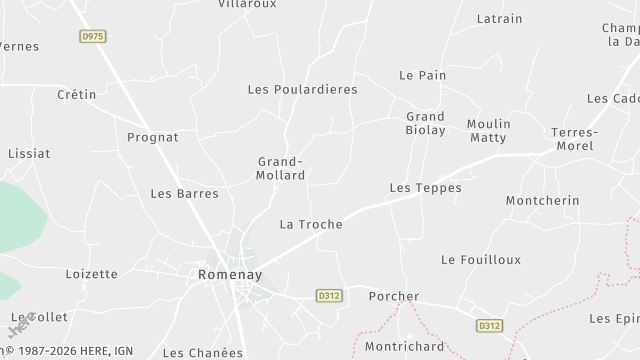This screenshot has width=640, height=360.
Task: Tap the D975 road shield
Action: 92,35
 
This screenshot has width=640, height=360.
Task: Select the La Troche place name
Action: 311,224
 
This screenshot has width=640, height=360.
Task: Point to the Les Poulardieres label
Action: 302,89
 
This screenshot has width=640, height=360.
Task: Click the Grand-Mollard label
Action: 281,168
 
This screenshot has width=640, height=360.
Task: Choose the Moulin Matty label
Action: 488,131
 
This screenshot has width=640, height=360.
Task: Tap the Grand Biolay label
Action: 425,123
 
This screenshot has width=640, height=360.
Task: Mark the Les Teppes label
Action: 425,187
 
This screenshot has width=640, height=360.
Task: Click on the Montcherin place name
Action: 542,200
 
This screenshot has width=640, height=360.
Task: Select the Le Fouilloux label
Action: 481,259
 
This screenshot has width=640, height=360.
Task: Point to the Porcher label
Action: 394,296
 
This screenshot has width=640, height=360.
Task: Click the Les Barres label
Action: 184,193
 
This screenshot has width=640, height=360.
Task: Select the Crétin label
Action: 76,95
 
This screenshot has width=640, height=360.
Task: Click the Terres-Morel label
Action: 573,139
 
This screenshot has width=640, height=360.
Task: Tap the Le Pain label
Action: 422,75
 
